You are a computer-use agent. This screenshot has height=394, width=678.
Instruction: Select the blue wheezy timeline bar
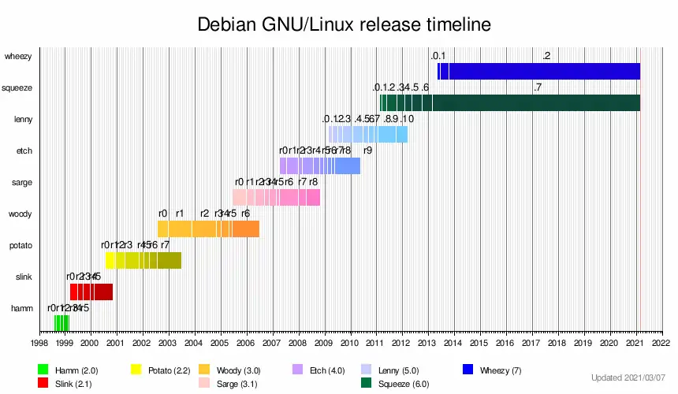click(x=544, y=71)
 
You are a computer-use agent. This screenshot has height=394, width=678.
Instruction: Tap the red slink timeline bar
click(x=91, y=292)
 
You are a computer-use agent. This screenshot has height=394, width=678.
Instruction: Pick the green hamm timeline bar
click(x=61, y=323)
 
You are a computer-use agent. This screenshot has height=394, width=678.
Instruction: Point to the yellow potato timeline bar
click(x=143, y=260)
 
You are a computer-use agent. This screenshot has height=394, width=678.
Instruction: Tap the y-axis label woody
click(x=20, y=214)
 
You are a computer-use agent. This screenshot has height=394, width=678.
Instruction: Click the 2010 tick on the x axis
click(x=349, y=344)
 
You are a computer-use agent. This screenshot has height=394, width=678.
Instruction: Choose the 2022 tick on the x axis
click(x=661, y=344)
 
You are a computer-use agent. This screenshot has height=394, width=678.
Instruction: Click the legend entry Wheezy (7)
click(x=501, y=370)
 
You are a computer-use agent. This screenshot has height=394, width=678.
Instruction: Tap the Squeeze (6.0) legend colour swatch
click(x=366, y=384)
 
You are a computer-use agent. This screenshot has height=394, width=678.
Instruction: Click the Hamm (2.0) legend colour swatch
click(x=43, y=370)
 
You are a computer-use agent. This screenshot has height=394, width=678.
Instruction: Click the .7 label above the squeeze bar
click(x=537, y=87)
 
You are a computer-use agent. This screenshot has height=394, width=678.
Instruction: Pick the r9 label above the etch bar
click(x=367, y=150)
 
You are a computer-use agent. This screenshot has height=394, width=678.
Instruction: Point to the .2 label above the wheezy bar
click(x=546, y=55)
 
